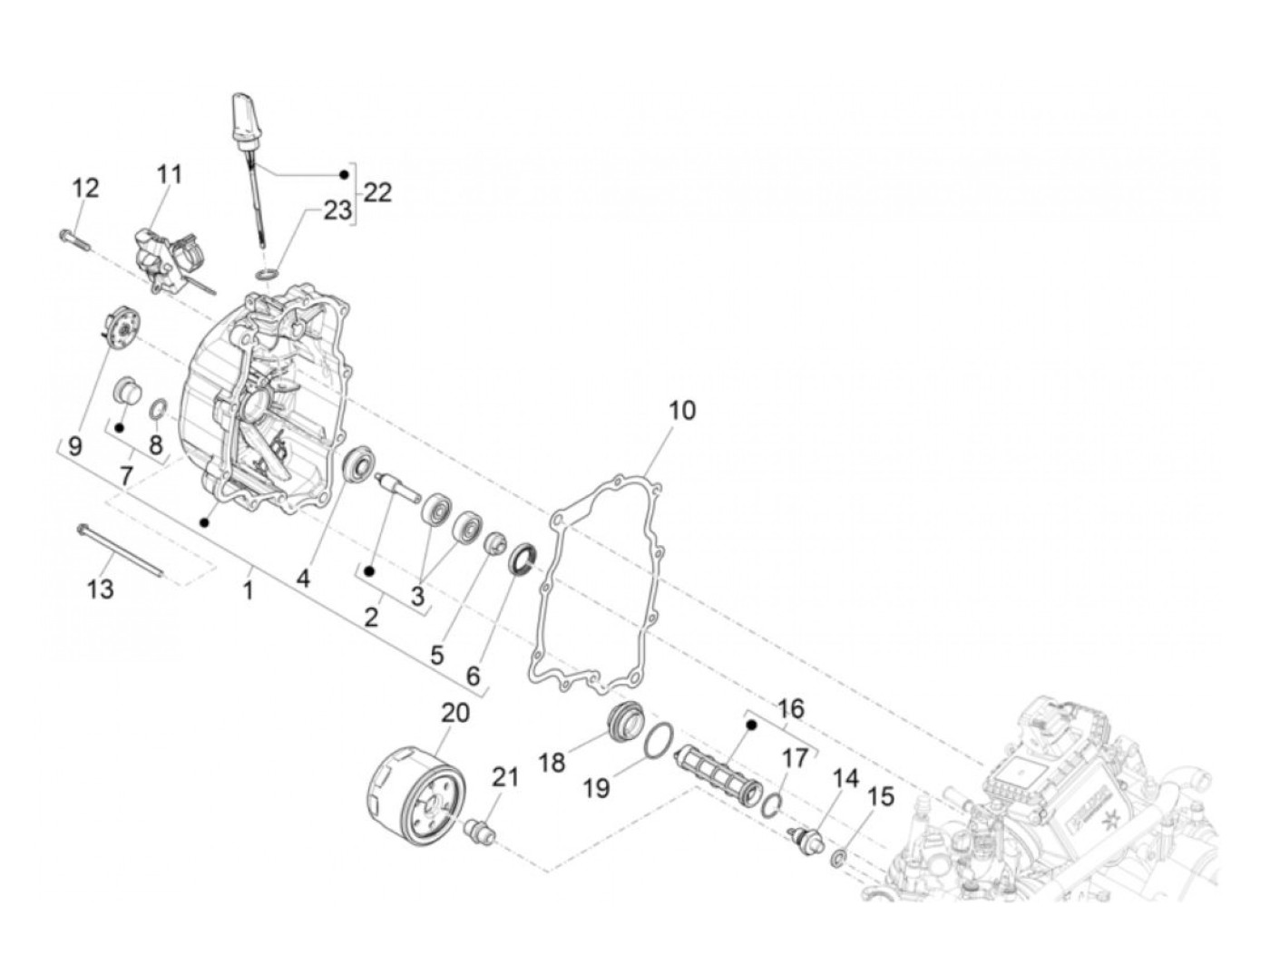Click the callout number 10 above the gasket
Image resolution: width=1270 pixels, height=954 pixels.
click(x=682, y=410)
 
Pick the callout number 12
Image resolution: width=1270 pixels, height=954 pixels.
click(x=86, y=189)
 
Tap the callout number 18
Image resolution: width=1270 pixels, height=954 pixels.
click(x=552, y=762)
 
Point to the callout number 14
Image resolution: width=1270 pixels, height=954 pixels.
click(x=845, y=778)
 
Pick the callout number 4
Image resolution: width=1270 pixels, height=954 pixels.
click(x=303, y=578)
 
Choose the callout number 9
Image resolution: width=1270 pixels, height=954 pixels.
click(x=74, y=445)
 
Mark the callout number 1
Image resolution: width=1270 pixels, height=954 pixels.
click(x=247, y=590)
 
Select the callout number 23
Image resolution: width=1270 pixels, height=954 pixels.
click(x=337, y=210)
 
